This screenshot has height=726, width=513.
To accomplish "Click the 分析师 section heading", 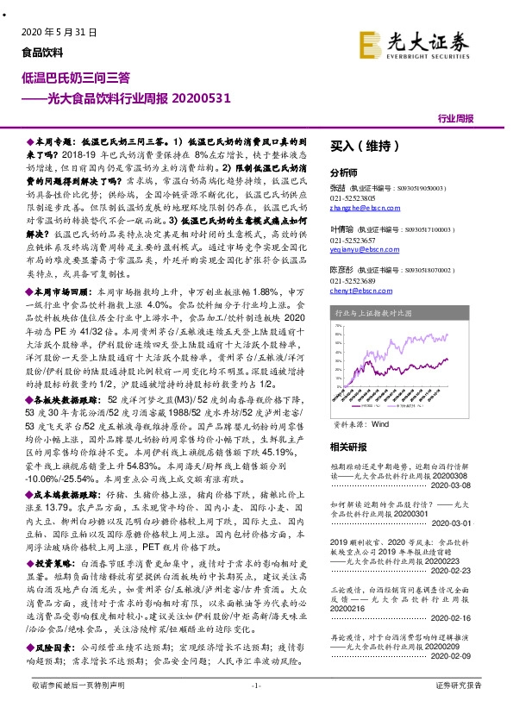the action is pos(344,172).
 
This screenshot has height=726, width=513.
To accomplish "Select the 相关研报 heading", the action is pos(348,447).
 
